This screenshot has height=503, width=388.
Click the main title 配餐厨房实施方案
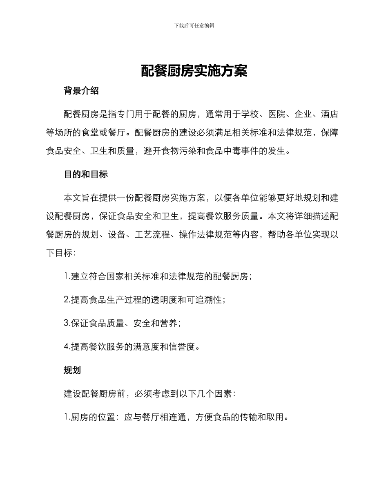[194, 71]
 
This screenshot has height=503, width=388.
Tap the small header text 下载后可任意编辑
[194, 25]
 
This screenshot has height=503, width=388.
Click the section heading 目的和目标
[86, 174]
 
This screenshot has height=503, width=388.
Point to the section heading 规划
[72, 370]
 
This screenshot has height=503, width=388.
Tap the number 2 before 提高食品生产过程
[67, 300]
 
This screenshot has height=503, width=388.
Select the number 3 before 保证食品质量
[67, 323]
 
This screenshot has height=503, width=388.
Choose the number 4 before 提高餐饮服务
[67, 347]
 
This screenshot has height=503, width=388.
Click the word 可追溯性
[206, 300]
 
